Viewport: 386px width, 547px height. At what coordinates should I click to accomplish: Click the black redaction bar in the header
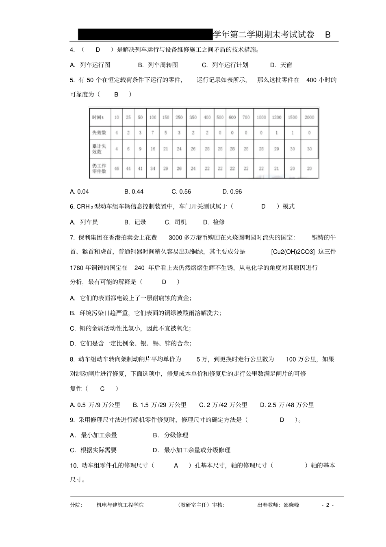[x=145, y=35]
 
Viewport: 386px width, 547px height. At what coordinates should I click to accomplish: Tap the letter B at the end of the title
[x=328, y=35]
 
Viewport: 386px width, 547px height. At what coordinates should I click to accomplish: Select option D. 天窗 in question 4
[x=281, y=65]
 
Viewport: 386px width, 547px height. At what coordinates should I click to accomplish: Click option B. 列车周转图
[x=158, y=65]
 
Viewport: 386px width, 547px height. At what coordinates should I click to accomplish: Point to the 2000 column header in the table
[x=309, y=118]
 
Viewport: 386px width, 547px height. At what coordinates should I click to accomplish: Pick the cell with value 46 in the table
[x=117, y=168]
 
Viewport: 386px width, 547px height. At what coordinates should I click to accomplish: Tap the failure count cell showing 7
[x=153, y=133]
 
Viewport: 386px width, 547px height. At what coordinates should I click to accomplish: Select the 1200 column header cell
[x=277, y=118]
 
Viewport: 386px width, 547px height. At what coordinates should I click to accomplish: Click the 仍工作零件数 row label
[x=99, y=168]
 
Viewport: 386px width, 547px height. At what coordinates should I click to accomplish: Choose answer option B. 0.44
[x=134, y=192]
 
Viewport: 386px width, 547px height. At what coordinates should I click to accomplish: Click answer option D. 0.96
[x=232, y=192]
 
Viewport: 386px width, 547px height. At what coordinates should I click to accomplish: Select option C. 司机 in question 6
[x=176, y=222]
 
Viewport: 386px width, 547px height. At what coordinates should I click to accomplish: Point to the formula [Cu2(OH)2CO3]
[x=293, y=252]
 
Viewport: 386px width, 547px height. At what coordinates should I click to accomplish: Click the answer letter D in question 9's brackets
[x=282, y=420]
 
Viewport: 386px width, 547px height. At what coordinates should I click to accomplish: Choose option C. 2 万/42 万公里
[x=223, y=405]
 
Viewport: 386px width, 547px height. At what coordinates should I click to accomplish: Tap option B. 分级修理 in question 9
[x=171, y=435]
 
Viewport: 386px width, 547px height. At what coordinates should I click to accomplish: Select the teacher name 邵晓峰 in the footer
[x=291, y=505]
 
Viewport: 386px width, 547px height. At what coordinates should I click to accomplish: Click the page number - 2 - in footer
[x=327, y=505]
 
